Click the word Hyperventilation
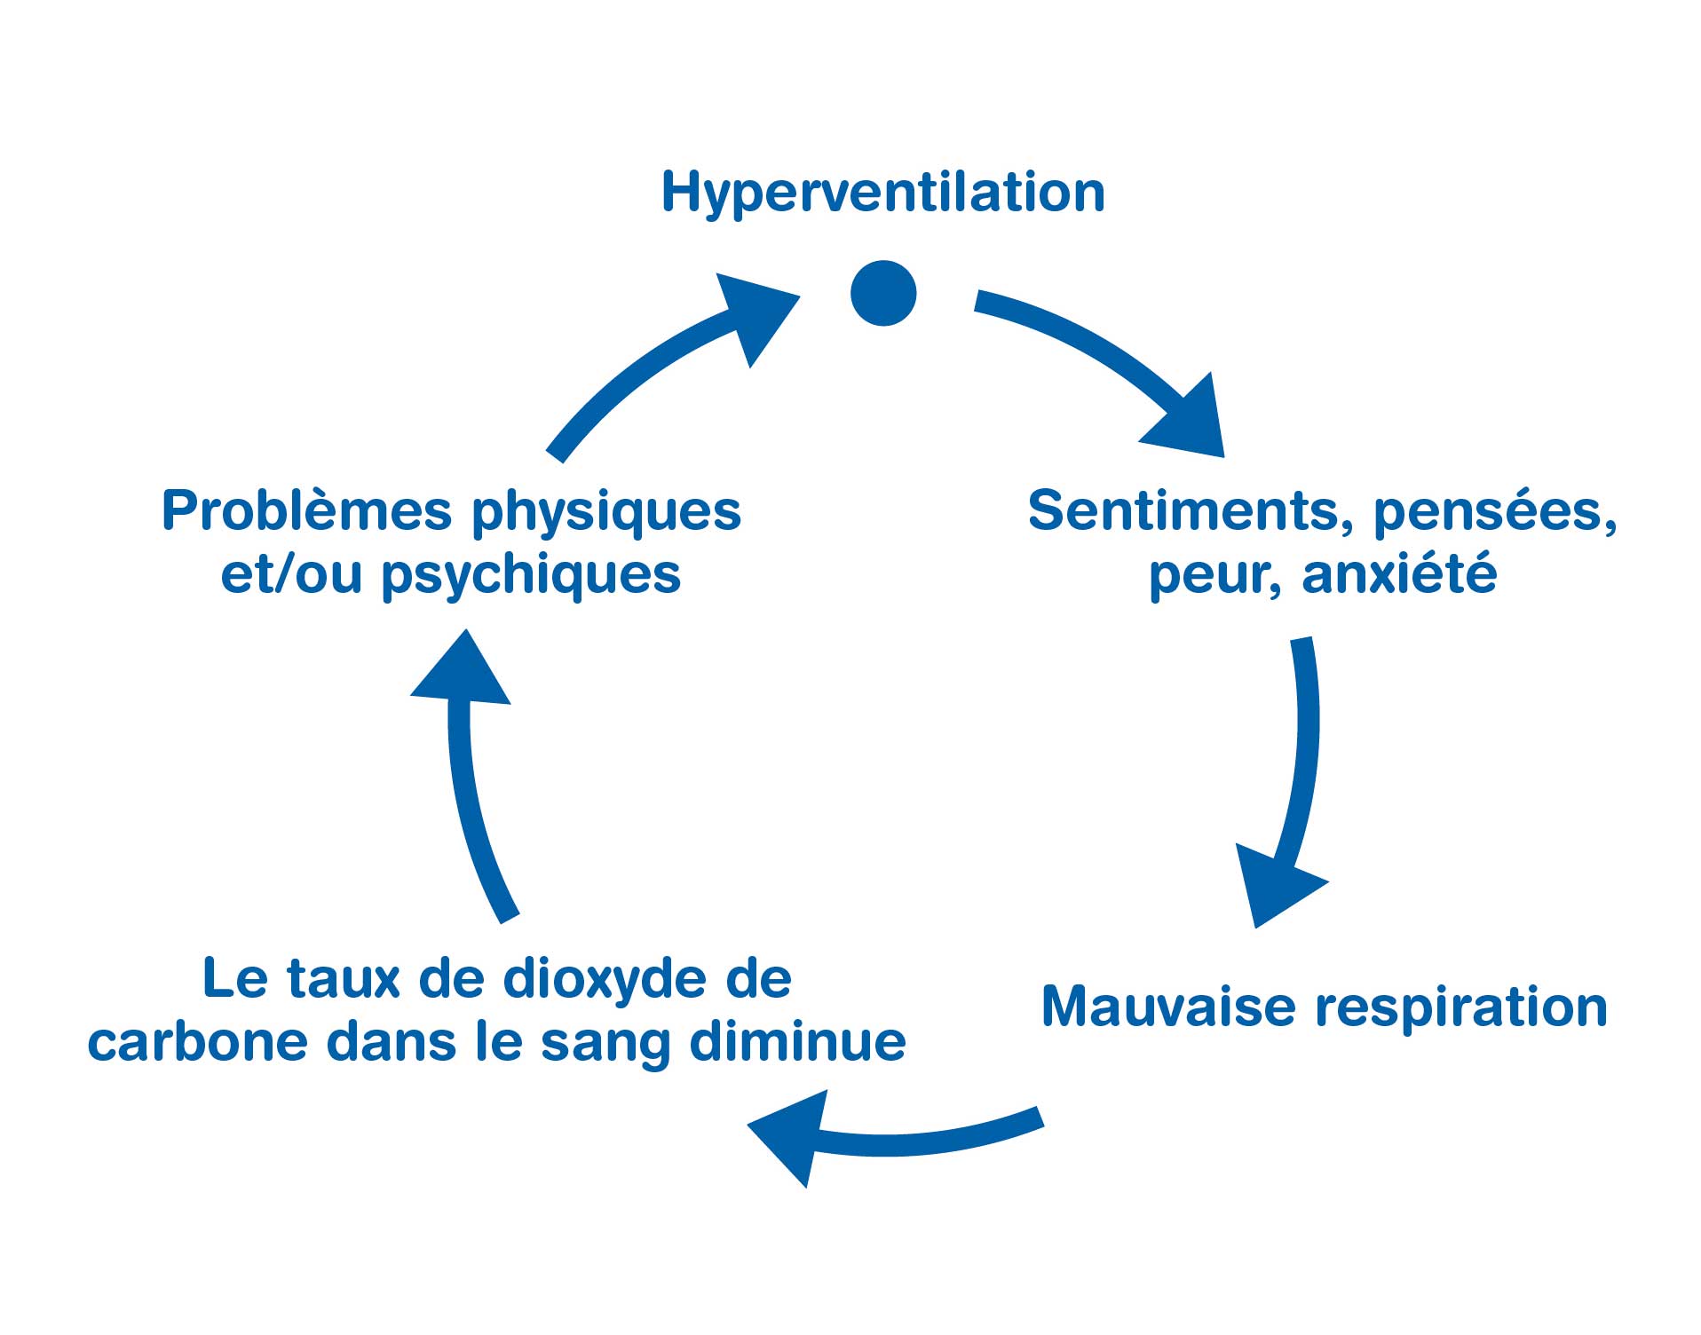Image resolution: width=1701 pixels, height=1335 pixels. coord(882,194)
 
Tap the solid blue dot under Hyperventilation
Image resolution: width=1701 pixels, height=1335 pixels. coord(883,293)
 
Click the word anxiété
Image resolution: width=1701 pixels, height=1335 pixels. coord(1399,573)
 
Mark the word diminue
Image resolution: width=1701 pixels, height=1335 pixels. coord(797,1040)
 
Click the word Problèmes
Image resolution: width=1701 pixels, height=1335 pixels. coord(307,511)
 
